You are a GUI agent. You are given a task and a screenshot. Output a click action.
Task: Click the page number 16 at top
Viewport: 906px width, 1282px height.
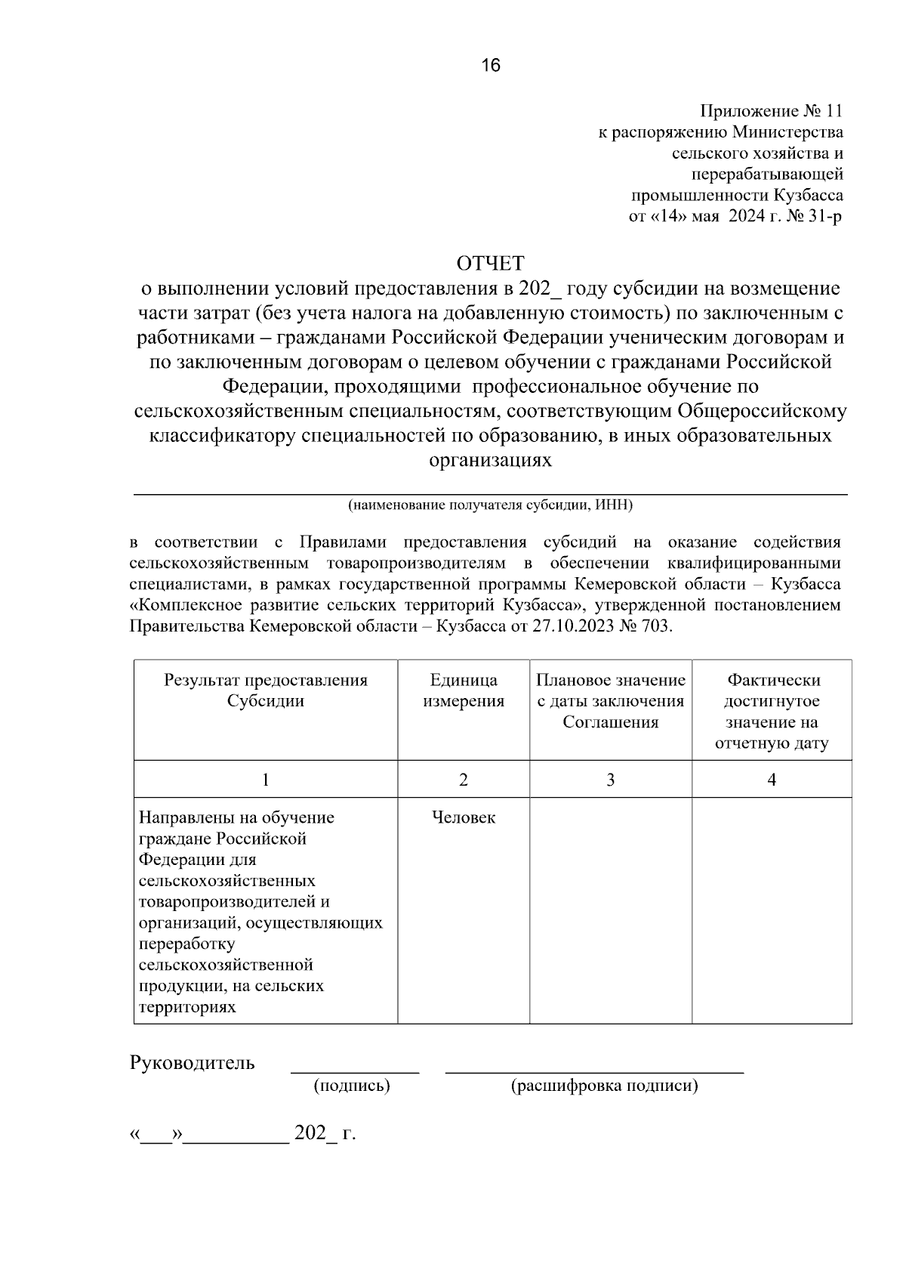click(x=491, y=66)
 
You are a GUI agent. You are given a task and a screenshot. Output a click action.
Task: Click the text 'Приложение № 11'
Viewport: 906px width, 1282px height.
click(x=771, y=111)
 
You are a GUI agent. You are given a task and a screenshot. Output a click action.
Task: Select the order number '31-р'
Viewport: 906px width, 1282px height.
click(x=824, y=217)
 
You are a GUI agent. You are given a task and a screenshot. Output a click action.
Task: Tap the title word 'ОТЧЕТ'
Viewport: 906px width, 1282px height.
click(x=490, y=263)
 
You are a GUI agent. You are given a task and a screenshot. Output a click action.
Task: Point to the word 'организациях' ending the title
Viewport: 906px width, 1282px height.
click(x=490, y=460)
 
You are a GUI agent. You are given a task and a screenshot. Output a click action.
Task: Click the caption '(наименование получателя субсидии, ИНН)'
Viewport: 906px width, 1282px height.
click(x=490, y=505)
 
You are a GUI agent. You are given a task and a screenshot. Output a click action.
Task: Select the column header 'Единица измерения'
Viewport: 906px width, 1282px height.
click(x=463, y=690)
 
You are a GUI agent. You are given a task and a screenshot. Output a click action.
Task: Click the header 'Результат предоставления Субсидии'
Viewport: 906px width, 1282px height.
click(x=266, y=690)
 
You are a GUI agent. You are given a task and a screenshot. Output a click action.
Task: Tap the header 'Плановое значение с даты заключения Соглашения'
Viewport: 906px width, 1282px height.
click(x=610, y=701)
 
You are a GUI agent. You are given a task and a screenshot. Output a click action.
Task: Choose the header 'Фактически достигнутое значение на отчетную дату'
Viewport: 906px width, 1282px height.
click(x=772, y=712)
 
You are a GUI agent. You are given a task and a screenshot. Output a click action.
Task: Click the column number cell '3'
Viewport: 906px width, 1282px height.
click(x=610, y=780)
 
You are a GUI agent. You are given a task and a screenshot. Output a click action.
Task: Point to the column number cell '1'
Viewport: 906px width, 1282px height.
click(x=266, y=780)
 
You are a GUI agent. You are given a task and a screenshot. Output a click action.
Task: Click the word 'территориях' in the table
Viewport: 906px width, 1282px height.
click(x=187, y=1007)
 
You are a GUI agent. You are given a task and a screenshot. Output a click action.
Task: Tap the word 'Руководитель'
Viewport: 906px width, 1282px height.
click(x=193, y=1063)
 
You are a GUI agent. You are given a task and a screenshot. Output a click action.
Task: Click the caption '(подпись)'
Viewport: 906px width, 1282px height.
click(x=352, y=1086)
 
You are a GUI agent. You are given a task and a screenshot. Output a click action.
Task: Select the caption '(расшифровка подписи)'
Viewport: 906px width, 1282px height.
click(x=604, y=1086)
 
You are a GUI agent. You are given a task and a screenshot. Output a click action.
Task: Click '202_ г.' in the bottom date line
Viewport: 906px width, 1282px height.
click(x=325, y=1133)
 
